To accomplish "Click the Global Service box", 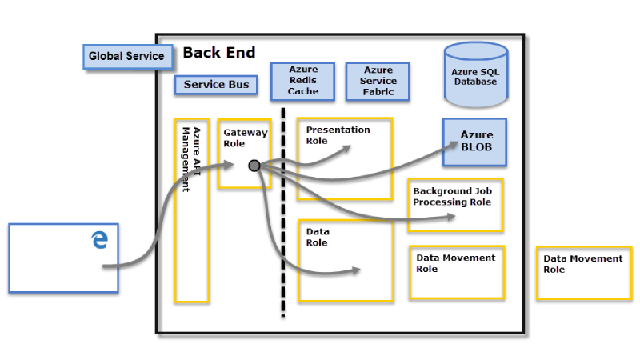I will click(126, 56).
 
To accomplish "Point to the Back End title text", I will click(219, 53).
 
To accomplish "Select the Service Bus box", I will click(216, 84).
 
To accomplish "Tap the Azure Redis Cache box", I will click(303, 81).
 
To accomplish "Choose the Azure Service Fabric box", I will click(378, 81).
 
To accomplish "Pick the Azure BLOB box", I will click(476, 141).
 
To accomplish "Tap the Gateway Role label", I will click(245, 138).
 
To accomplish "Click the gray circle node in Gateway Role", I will click(254, 166).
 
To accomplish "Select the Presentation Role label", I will click(338, 134).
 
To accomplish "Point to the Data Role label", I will click(318, 237).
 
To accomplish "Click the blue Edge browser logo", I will click(100, 238).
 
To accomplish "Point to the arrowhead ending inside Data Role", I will click(357, 270).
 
